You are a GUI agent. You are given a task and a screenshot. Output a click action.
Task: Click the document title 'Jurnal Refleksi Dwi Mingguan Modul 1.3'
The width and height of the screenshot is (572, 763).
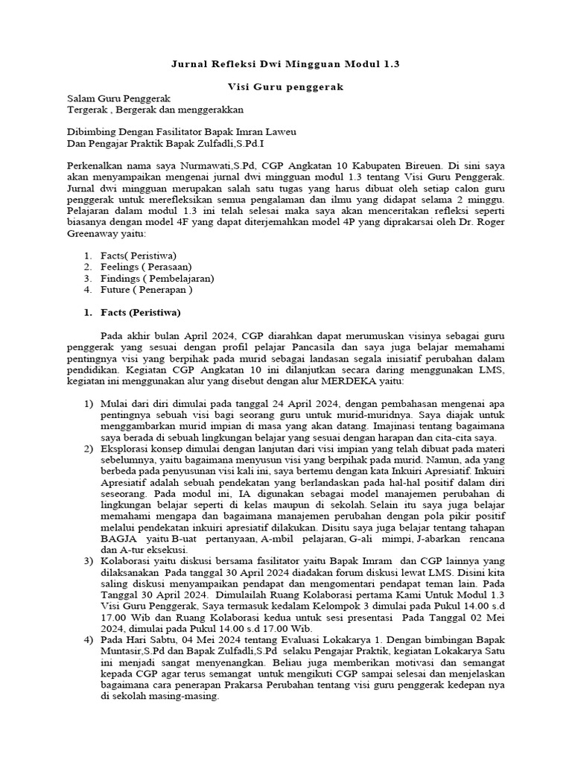pos(285,65)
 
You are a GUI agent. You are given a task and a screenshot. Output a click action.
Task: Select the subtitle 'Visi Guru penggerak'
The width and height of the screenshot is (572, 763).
pos(285,87)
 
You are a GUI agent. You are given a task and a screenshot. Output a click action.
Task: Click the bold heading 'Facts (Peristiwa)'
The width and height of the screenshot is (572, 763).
pos(139,311)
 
